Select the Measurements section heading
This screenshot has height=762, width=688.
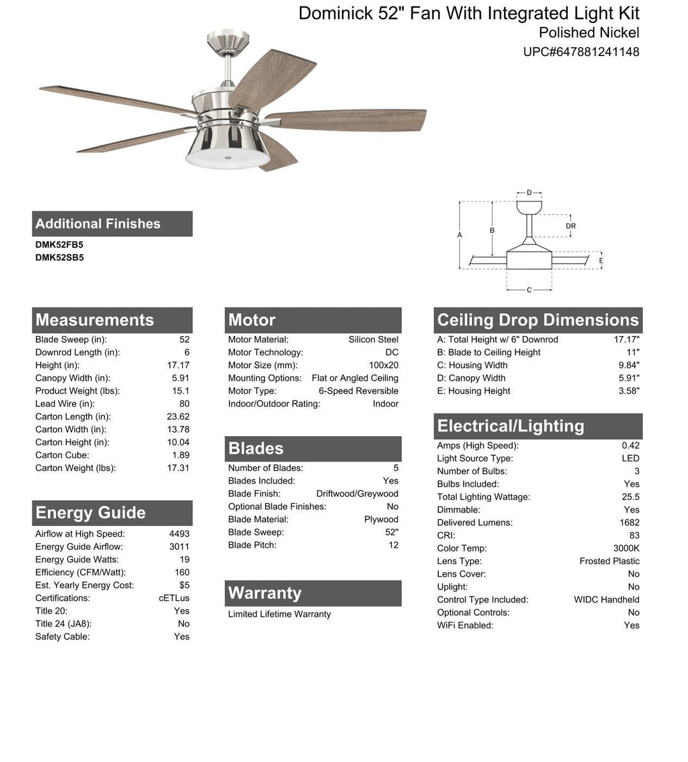(x=95, y=320)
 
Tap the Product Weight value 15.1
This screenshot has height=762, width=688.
(x=181, y=391)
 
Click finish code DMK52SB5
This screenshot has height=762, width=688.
(x=59, y=258)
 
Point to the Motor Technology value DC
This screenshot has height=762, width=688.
(x=392, y=353)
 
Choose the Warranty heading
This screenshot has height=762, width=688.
(x=265, y=593)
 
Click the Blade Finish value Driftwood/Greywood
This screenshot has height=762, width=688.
(x=357, y=493)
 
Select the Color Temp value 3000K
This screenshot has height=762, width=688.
(x=626, y=548)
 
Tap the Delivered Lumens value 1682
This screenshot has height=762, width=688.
(x=629, y=523)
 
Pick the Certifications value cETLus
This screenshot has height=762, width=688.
(x=174, y=598)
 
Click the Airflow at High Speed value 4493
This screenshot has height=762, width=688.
(x=179, y=534)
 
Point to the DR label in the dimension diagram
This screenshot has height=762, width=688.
(x=571, y=226)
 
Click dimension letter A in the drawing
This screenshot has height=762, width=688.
(x=460, y=236)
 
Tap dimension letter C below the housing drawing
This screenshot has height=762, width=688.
(x=529, y=290)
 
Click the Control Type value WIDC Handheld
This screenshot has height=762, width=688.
(x=606, y=600)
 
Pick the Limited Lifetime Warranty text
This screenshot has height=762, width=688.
(x=280, y=614)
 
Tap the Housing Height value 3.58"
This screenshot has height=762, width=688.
(x=629, y=391)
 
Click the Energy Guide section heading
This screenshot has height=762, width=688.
(x=90, y=513)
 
